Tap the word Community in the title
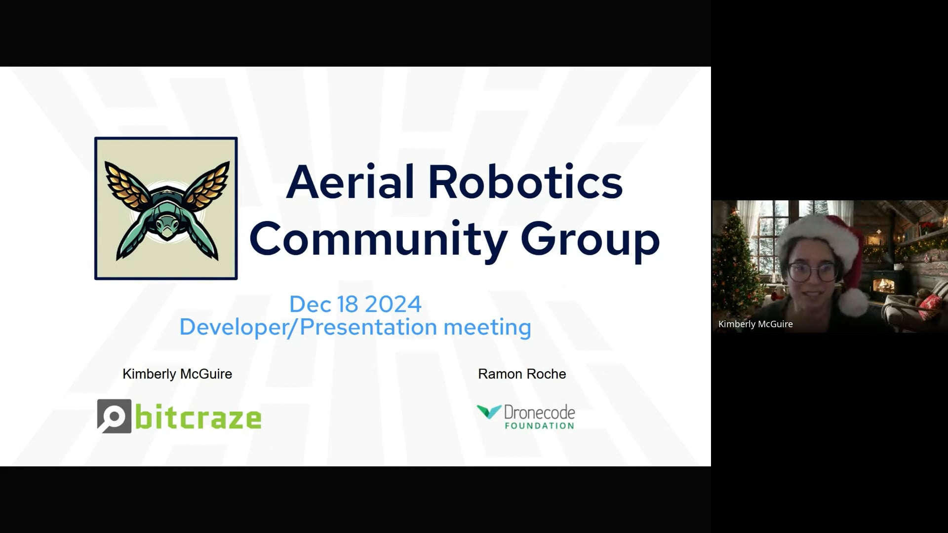tap(378, 239)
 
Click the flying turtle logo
tap(166, 208)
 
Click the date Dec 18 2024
tap(355, 304)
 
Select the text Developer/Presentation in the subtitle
tap(309, 327)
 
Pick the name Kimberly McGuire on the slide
tap(177, 374)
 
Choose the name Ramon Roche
tap(522, 374)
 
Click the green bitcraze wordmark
tap(198, 419)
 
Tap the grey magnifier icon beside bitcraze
tap(115, 416)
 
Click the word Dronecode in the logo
tap(539, 412)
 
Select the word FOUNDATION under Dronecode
tap(539, 426)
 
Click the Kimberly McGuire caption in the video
tap(755, 324)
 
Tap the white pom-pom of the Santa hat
tap(853, 302)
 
